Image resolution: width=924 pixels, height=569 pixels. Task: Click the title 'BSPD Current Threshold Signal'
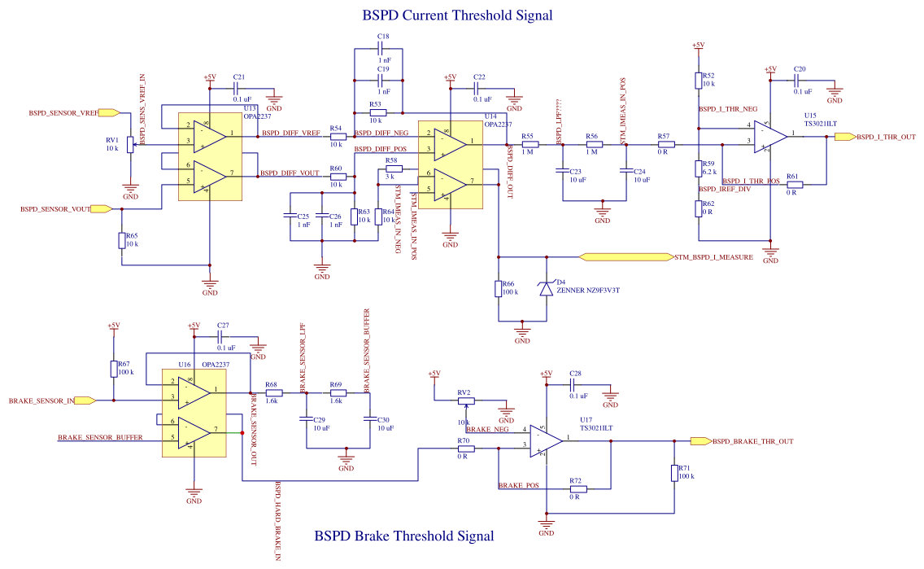pyautogui.click(x=456, y=15)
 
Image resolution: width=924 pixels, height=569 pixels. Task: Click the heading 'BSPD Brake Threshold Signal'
pyautogui.click(x=403, y=536)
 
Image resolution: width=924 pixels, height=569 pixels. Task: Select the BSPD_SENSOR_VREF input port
pyautogui.click(x=115, y=112)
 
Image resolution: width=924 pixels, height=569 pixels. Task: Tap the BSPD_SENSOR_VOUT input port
pyautogui.click(x=102, y=209)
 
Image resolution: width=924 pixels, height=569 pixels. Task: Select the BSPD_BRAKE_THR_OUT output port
pyautogui.click(x=700, y=441)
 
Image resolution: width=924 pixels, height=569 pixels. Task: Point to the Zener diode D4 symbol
pyautogui.click(x=547, y=288)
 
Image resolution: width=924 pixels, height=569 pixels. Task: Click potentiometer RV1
pyautogui.click(x=130, y=147)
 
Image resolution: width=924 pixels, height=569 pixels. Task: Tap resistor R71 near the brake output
pyautogui.click(x=674, y=473)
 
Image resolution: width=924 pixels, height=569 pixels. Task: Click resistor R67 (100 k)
pyautogui.click(x=114, y=369)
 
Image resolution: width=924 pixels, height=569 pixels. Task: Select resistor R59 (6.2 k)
pyautogui.click(x=698, y=169)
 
